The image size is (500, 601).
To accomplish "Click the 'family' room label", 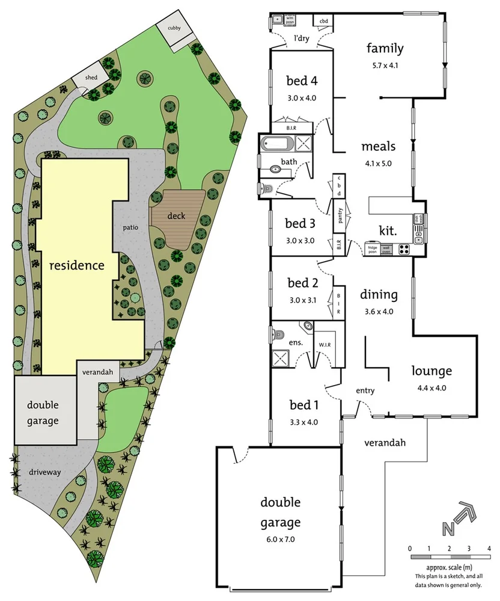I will [x=385, y=49].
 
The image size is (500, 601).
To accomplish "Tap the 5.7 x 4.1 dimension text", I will [x=385, y=66].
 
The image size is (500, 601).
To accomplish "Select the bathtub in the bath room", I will [x=277, y=144].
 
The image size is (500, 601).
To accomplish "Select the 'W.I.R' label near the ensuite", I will [x=325, y=345].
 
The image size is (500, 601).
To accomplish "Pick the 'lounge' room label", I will [x=431, y=371].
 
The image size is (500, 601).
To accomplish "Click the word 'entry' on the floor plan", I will [x=365, y=390].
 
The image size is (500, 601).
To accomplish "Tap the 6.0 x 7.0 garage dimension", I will [x=280, y=540].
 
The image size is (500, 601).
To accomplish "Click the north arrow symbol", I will [x=459, y=519].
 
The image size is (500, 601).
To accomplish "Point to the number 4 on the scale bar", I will [x=489, y=548].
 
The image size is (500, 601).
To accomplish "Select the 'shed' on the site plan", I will [x=91, y=78].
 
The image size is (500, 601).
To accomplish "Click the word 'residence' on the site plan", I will [x=76, y=265].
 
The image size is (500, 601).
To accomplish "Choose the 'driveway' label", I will [x=45, y=472].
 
